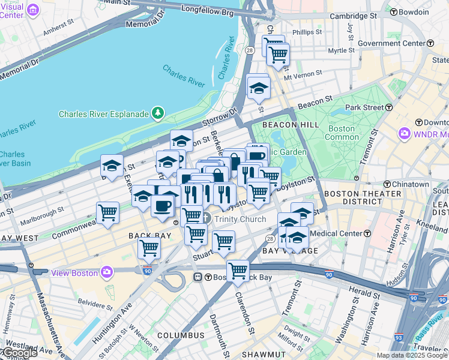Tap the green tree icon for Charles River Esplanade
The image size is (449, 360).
pyautogui.click(x=158, y=112)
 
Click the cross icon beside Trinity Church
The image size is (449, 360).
pyautogui.click(x=206, y=218)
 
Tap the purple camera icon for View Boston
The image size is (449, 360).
pyautogui.click(x=107, y=272)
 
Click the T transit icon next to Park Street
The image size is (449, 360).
pyautogui.click(x=388, y=107)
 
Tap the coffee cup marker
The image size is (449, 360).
pyautogui.click(x=162, y=206)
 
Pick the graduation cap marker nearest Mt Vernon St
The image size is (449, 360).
pyautogui.click(x=259, y=88)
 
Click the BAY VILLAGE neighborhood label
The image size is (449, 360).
pyautogui.click(x=291, y=250)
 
